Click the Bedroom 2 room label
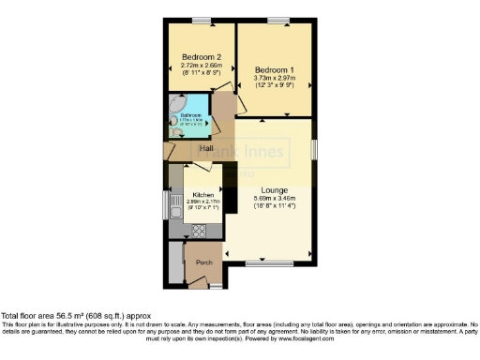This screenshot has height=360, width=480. [201, 56]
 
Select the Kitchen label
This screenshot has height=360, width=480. [202, 195]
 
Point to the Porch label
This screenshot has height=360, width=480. [204, 262]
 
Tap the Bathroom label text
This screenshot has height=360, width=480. [190, 116]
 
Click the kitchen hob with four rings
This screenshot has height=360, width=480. [197, 228]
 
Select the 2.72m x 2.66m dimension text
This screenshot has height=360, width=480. [202, 65]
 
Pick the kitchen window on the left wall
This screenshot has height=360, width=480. [168, 205]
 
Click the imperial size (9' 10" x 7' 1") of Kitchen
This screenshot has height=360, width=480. [202, 208]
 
